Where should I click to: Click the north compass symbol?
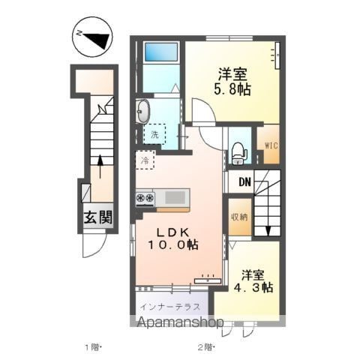click(x=92, y=37)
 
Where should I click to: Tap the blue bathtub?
click(x=161, y=52)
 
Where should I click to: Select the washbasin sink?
click(x=143, y=112)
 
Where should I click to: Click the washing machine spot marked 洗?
click(x=154, y=135)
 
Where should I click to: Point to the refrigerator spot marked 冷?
click(x=145, y=160)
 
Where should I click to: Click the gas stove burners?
click(x=145, y=198)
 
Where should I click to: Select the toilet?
click(x=239, y=153)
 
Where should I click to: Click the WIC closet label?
click(x=271, y=145)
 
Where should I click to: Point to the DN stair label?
click(x=244, y=182)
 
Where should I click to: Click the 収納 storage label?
click(x=239, y=217)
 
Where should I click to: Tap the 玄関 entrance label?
click(x=97, y=217)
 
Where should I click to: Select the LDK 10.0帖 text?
click(x=173, y=239)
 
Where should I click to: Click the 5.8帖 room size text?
click(x=232, y=89)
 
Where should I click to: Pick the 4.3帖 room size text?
click(x=253, y=288)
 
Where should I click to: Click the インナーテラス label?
click(x=170, y=307)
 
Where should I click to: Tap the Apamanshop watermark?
click(x=181, y=322)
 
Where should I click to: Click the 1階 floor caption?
click(x=93, y=347)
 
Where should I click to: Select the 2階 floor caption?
click(x=205, y=347)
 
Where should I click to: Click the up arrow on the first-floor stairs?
click(x=100, y=166)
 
